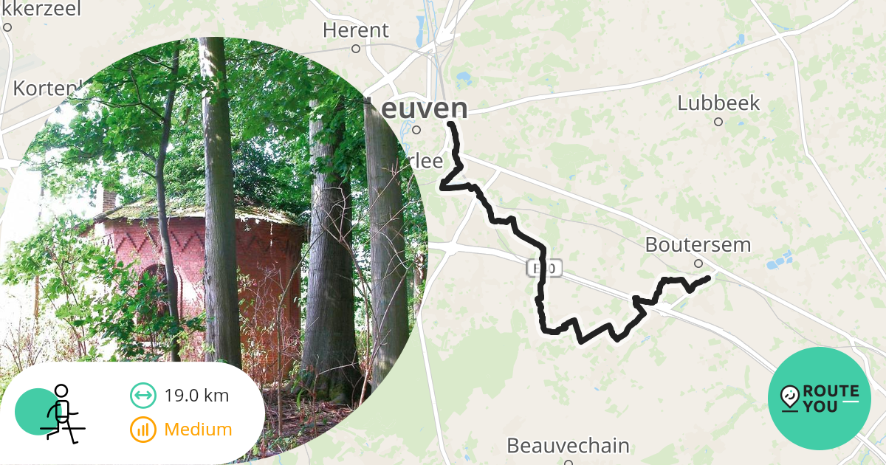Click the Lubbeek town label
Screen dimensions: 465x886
pyautogui.click(x=718, y=103)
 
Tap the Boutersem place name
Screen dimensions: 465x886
pyautogui.click(x=698, y=244)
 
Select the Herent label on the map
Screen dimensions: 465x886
pyautogui.click(x=356, y=30)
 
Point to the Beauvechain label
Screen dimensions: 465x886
pyautogui.click(x=568, y=446)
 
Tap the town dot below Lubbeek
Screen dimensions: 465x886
pyautogui.click(x=718, y=122)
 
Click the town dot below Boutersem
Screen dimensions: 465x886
pyautogui.click(x=698, y=263)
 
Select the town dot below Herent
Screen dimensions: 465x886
pyautogui.click(x=355, y=49)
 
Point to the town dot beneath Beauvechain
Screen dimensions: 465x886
pyautogui.click(x=569, y=463)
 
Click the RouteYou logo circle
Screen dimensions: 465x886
pyautogui.click(x=820, y=399)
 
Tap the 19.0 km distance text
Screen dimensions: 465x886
pyautogui.click(x=196, y=396)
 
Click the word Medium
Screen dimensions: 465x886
pyautogui.click(x=198, y=430)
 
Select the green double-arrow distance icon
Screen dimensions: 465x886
pyautogui.click(x=142, y=396)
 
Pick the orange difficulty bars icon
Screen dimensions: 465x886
pyautogui.click(x=142, y=430)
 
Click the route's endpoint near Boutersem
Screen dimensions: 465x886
pyautogui.click(x=708, y=278)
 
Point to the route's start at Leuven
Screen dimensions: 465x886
pyautogui.click(x=450, y=125)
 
